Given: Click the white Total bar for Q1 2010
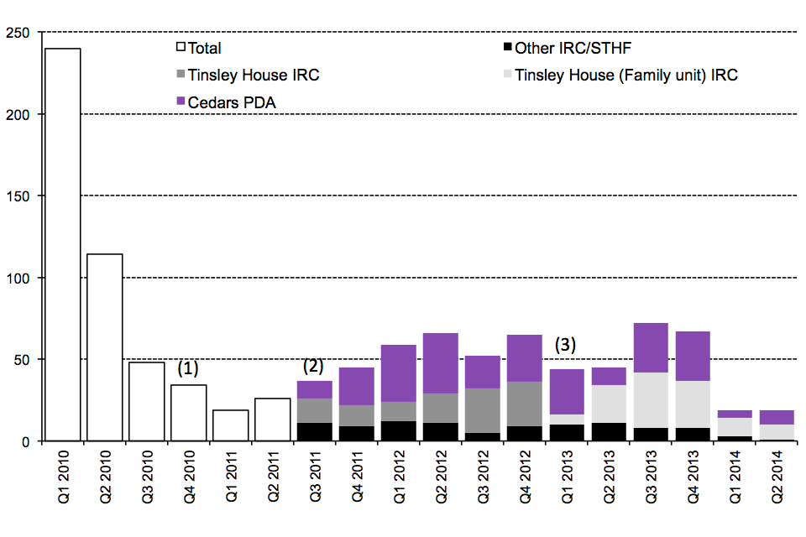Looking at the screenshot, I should pyautogui.click(x=63, y=243).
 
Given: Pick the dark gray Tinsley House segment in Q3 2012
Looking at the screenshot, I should pyautogui.click(x=483, y=410).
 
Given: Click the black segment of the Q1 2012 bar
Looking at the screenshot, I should pyautogui.click(x=399, y=430).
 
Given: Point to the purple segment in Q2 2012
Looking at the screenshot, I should pyautogui.click(x=441, y=362).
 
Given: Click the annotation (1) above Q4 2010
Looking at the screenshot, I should pyautogui.click(x=189, y=368).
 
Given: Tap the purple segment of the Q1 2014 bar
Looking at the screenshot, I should pyautogui.click(x=735, y=414).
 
